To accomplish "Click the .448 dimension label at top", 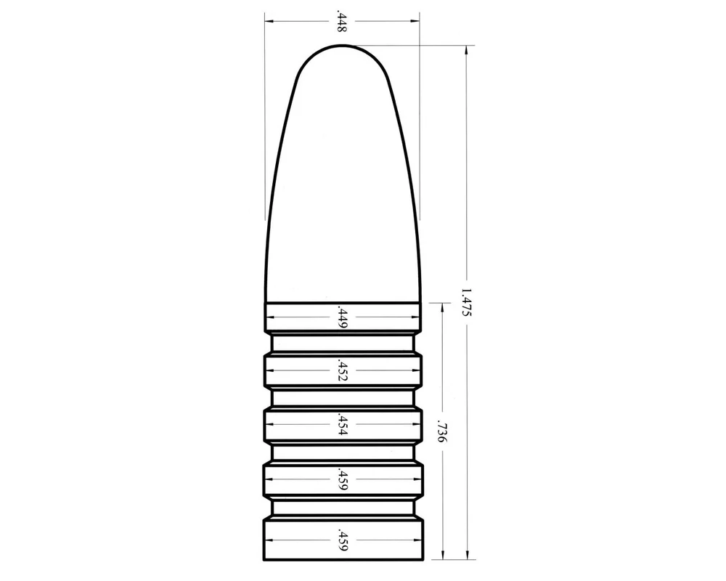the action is [x=341, y=21].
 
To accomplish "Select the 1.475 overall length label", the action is [x=466, y=303].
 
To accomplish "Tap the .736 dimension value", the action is [x=442, y=432].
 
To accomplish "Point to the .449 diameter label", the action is [x=343, y=317].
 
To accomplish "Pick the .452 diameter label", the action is [x=343, y=370].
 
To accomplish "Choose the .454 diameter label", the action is [x=343, y=424].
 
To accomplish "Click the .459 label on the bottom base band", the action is [x=343, y=540].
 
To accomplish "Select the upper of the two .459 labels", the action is [x=343, y=479].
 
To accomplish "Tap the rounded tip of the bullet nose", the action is [x=343, y=46].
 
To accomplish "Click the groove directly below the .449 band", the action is [x=343, y=344].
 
